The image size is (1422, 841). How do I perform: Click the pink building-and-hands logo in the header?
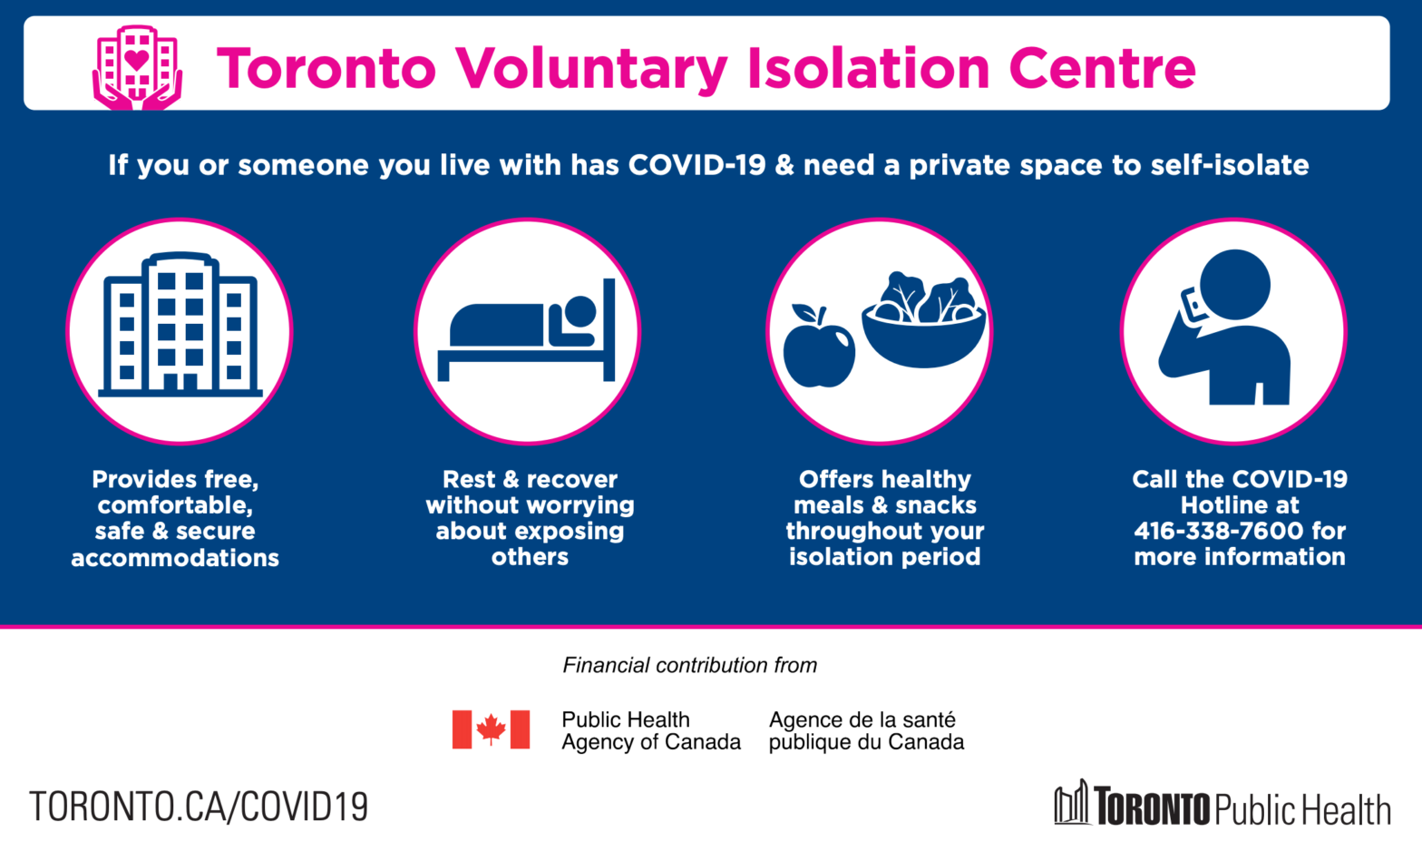[x=137, y=67]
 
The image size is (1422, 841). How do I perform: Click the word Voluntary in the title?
[x=592, y=69]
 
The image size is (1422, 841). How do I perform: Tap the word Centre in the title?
[x=1102, y=68]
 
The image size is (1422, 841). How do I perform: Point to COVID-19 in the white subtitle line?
[x=697, y=165]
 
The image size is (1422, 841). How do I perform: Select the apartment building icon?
[x=180, y=324]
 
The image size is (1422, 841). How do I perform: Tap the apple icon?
[x=818, y=347]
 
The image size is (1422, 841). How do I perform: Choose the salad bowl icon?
[x=923, y=321]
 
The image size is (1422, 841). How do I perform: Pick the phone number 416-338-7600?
[x=1218, y=531]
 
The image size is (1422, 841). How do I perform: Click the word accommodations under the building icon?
[x=175, y=558]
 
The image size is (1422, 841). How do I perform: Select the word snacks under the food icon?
[x=936, y=505]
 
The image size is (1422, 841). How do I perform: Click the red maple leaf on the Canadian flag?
[x=491, y=729]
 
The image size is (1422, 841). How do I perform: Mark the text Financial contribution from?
[x=690, y=665]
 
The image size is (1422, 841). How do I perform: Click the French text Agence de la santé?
[x=862, y=719]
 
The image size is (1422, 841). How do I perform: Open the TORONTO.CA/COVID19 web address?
[x=199, y=806]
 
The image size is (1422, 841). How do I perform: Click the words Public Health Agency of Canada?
[x=651, y=730]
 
